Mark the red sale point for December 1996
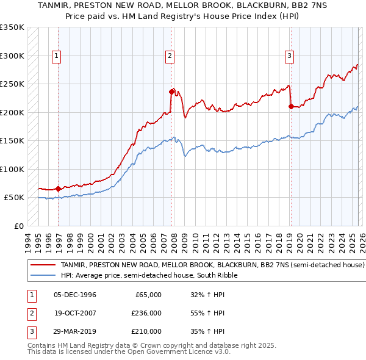tap(58, 189)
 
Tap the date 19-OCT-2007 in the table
tap(75, 313)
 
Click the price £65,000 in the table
tap(146, 295)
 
